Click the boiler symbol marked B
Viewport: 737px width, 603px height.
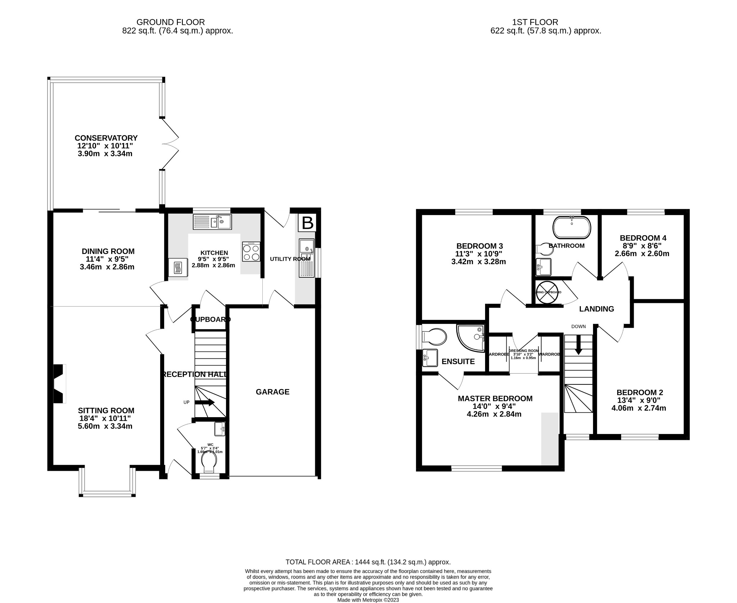[x=307, y=223]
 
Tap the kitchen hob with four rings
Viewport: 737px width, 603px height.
[x=251, y=251]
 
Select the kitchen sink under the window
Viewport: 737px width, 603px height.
[x=212, y=222]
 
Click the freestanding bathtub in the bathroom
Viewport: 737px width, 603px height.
[x=571, y=227]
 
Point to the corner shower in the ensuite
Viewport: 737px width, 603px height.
[x=470, y=337]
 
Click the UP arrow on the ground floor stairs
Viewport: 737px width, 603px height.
[x=205, y=402]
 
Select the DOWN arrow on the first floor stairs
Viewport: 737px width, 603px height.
[x=578, y=345]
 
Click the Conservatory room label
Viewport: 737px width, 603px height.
[x=106, y=138]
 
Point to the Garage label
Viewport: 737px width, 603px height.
[x=272, y=392]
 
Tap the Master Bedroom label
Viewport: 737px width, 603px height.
[x=495, y=398]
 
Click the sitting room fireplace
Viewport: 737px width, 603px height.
[x=60, y=383]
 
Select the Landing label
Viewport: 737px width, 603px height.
[x=596, y=309]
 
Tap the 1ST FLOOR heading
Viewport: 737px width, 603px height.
[x=545, y=22]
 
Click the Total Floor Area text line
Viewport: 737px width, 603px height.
[x=368, y=562]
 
